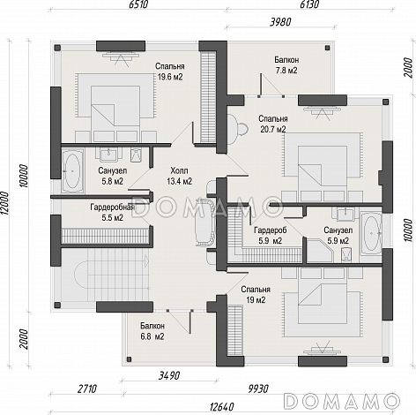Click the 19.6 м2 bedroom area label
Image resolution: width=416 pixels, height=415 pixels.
click(x=169, y=72)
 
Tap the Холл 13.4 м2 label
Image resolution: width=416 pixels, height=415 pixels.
click(x=179, y=176)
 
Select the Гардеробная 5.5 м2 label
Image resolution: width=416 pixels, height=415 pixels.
click(x=112, y=213)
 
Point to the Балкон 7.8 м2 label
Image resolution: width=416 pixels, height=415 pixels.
click(x=286, y=65)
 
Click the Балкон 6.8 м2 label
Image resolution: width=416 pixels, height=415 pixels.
click(x=152, y=331)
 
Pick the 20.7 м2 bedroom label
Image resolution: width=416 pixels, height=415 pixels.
click(x=273, y=124)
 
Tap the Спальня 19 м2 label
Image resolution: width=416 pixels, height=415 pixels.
click(x=256, y=295)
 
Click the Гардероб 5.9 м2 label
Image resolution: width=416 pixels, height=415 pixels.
click(x=271, y=235)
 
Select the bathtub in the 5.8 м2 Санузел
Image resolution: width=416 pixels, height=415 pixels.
click(x=72, y=171)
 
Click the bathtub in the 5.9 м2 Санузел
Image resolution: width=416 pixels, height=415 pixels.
click(x=371, y=234)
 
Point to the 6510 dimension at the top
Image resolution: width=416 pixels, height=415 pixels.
click(x=138, y=4)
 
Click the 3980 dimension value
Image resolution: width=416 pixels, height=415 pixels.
click(x=280, y=22)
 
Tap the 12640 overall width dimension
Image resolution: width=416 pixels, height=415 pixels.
click(x=222, y=407)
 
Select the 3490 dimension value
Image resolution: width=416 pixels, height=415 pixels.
click(x=169, y=376)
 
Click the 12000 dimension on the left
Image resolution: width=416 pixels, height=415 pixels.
click(x=5, y=204)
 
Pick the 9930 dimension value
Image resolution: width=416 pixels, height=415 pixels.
click(x=258, y=389)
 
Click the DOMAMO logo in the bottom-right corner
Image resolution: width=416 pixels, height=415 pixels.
click(x=342, y=401)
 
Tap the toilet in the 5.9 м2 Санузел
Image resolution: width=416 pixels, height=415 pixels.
click(x=347, y=254)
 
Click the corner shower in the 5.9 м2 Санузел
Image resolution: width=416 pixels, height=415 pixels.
click(x=320, y=251)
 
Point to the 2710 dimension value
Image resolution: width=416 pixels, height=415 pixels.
click(x=86, y=389)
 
